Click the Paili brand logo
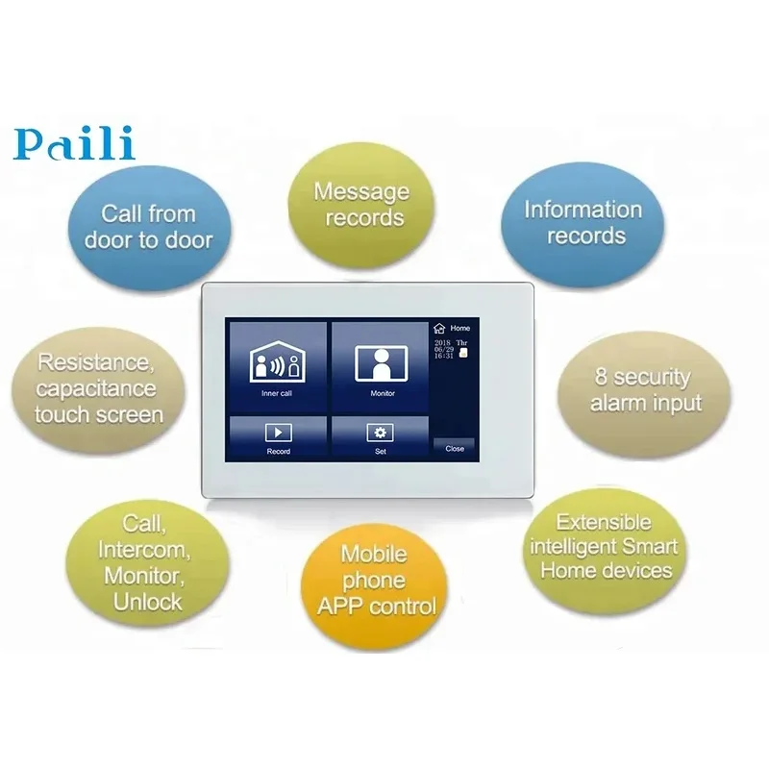(74, 142)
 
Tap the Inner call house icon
(277, 362)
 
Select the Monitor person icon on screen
(382, 363)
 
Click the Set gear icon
(380, 433)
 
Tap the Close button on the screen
(454, 448)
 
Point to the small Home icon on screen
(439, 328)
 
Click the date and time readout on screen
(450, 349)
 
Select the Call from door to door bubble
(149, 229)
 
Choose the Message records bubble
(361, 205)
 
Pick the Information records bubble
(583, 224)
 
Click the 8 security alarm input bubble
(644, 394)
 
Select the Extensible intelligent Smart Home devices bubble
(605, 549)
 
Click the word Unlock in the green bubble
(148, 602)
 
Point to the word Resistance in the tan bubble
(96, 362)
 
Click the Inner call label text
(277, 393)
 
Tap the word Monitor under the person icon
(383, 393)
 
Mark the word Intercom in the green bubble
(144, 550)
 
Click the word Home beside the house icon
(460, 328)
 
